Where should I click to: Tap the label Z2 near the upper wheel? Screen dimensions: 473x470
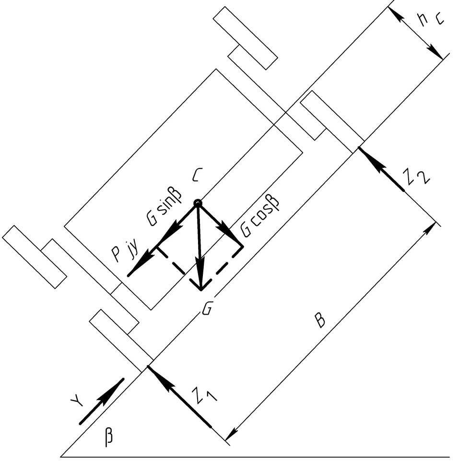(x=416, y=177)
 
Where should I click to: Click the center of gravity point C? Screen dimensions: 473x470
(x=197, y=204)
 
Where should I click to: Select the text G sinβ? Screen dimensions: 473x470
(x=164, y=207)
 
